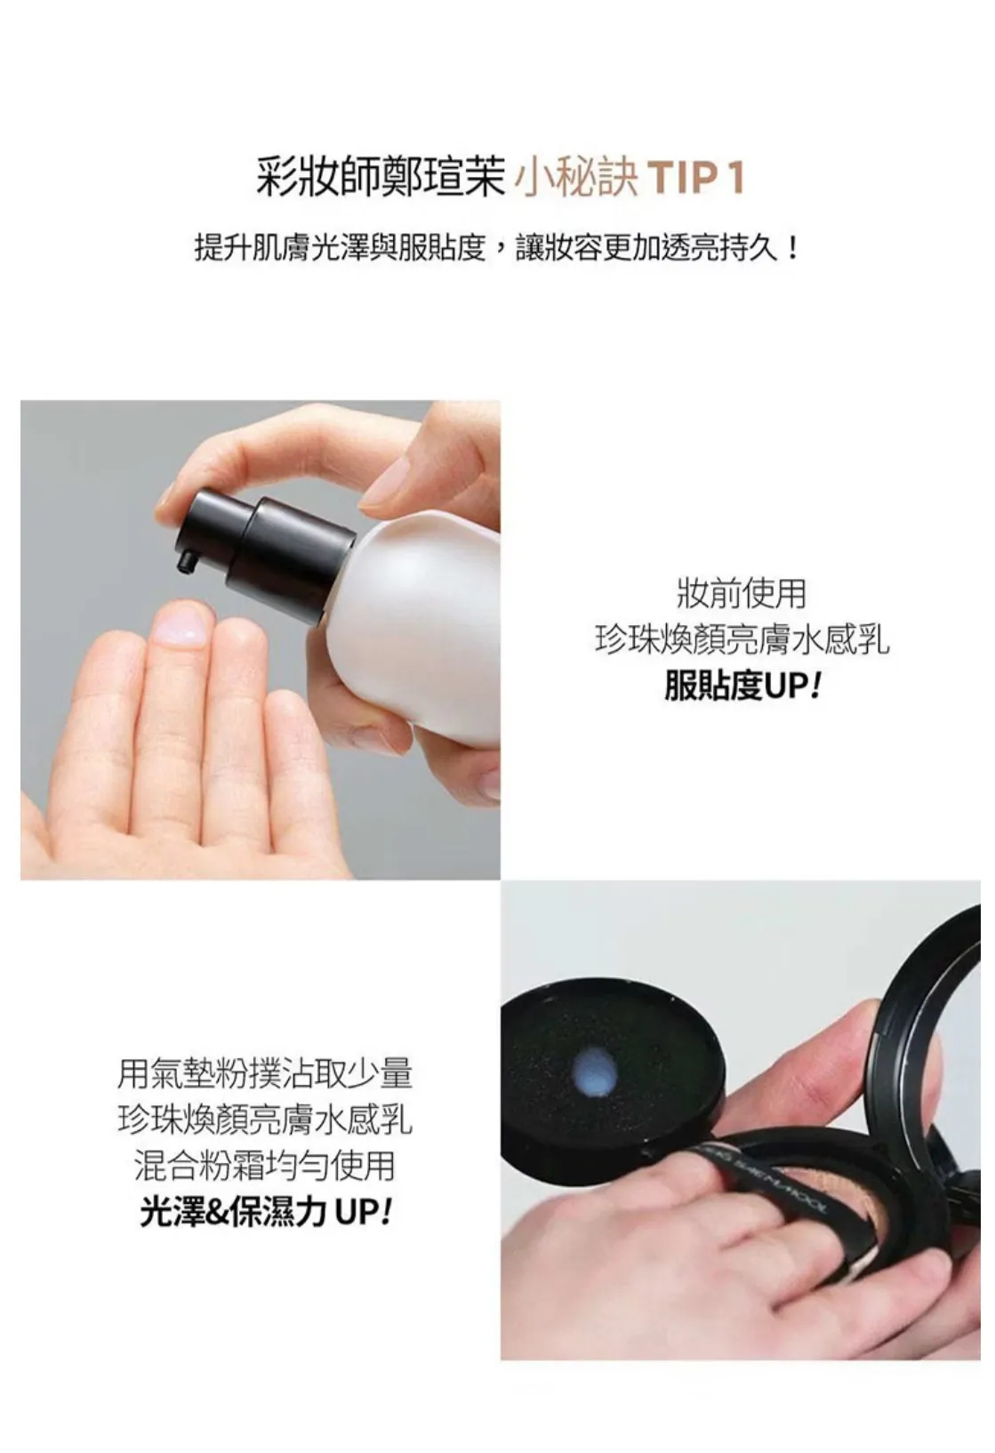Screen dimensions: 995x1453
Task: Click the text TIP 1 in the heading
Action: point(696,177)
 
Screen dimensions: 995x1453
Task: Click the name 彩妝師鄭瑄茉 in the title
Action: point(381,176)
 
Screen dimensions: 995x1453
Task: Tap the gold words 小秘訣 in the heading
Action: point(576,177)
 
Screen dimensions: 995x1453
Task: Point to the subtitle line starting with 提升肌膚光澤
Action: point(498,247)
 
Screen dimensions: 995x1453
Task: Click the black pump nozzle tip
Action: point(187,561)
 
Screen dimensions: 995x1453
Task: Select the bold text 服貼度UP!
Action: point(742,686)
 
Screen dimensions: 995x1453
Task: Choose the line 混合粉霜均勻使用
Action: point(265,1166)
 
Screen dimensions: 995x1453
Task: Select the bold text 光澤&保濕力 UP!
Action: point(265,1212)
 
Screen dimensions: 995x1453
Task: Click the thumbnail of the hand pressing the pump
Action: point(261,639)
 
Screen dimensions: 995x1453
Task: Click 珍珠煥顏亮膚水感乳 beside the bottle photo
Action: point(742,640)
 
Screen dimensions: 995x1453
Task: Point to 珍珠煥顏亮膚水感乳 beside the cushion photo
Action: point(265,1120)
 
